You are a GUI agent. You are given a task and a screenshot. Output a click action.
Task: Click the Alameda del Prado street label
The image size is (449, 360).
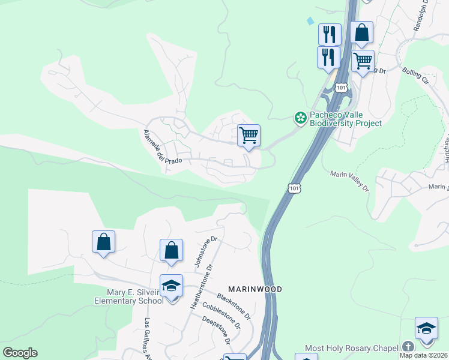click(160, 148)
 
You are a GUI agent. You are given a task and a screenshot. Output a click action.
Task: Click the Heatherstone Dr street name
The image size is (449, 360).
click(202, 286)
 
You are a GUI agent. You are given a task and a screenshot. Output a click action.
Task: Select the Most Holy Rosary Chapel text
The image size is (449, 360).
click(351, 348)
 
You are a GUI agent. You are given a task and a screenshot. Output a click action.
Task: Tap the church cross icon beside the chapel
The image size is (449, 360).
click(408, 347)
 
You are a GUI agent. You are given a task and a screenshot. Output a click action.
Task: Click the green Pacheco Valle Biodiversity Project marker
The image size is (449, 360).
click(300, 118)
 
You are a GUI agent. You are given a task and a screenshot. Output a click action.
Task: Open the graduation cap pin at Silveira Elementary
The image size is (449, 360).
click(171, 286)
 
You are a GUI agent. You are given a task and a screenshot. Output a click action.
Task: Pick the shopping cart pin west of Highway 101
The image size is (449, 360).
click(249, 136)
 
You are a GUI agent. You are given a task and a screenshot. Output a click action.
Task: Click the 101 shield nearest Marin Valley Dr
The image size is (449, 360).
click(294, 188)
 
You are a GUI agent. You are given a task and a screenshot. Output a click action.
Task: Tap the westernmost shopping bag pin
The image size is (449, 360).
click(103, 242)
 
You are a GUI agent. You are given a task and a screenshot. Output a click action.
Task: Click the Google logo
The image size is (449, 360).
click(20, 353)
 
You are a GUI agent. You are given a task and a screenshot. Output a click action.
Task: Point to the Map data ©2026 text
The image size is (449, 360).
click(424, 355)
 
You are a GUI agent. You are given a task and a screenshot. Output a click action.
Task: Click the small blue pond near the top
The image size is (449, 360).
click(310, 20)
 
